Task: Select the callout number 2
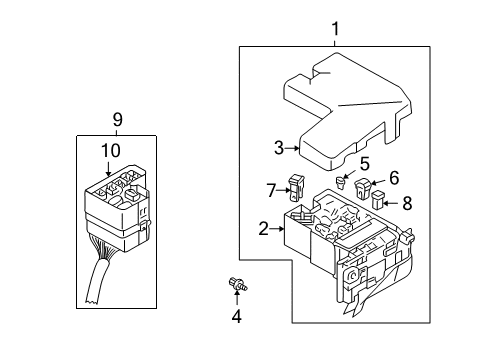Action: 264,229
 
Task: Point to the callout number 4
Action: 237,318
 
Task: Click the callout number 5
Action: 365,163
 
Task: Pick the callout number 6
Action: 393,177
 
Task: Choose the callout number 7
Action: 271,189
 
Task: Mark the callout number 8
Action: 405,202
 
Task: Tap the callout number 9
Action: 117,119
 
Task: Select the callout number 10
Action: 110,150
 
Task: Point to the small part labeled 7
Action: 296,185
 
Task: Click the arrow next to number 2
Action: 280,230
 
